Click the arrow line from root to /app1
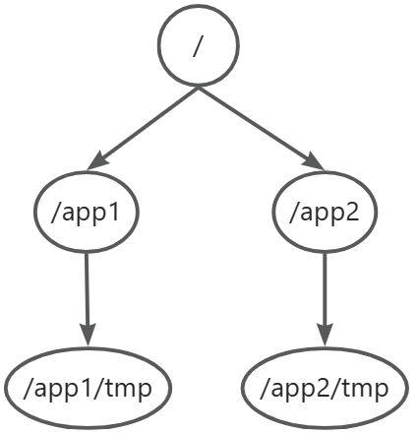(x=143, y=128)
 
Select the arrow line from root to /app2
(x=261, y=128)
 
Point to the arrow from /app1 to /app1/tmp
(x=88, y=299)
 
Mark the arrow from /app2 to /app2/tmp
(x=325, y=299)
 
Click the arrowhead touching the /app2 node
(x=314, y=161)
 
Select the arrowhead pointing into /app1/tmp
(x=88, y=335)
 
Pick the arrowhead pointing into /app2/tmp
(x=325, y=335)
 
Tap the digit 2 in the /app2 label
(x=352, y=213)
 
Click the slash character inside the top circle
(x=197, y=45)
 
